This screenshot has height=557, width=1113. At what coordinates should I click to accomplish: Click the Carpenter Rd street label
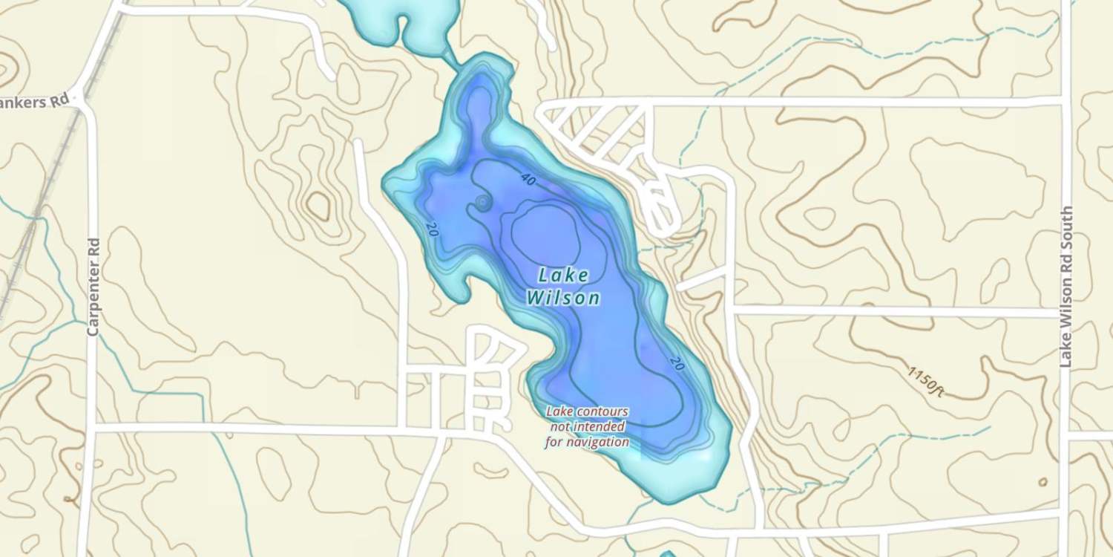click(93, 287)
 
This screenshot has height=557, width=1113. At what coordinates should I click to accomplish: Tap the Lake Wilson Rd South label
click(1066, 287)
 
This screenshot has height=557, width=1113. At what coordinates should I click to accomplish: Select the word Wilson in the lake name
click(563, 299)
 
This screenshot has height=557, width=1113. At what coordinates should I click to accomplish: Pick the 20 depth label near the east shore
click(676, 364)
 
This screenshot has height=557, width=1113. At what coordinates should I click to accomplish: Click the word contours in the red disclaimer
click(599, 411)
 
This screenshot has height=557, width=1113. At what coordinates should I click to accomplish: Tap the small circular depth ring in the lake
click(482, 201)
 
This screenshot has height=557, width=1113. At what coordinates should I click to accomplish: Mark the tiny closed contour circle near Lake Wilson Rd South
click(1043, 482)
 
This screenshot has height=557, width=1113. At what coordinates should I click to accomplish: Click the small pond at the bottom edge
click(668, 553)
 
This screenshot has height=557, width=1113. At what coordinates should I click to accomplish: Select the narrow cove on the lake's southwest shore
click(462, 286)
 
